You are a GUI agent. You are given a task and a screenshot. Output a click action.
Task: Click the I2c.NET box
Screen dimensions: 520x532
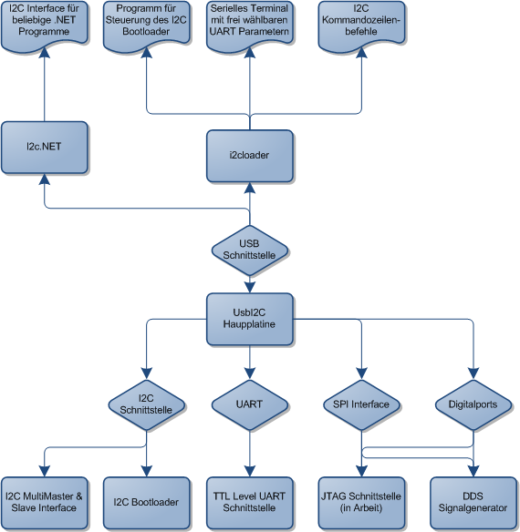point(45,148)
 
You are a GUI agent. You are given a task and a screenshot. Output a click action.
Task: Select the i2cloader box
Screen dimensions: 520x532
point(250,156)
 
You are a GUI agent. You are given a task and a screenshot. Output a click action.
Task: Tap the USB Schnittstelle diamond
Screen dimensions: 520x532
point(250,251)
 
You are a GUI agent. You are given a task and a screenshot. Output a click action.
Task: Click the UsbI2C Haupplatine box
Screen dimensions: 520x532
point(250,319)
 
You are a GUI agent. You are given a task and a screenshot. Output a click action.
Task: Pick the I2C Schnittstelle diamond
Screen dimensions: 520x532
point(147,404)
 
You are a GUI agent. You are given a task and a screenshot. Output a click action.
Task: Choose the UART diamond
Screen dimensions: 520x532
point(250,404)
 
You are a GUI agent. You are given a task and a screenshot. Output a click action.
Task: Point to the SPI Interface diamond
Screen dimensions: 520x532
point(361,404)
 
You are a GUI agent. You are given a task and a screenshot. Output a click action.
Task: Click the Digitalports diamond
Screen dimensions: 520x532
point(473,404)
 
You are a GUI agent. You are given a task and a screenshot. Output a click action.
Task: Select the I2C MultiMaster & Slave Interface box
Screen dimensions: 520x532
point(45,503)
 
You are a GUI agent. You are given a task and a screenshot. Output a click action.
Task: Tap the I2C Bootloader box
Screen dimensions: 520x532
point(147,503)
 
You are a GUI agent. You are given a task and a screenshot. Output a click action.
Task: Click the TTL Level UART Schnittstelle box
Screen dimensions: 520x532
point(250,503)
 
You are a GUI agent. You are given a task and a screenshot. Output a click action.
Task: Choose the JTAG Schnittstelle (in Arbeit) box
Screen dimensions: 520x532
point(361,503)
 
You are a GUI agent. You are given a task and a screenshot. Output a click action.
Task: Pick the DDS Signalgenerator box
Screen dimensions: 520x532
point(473,503)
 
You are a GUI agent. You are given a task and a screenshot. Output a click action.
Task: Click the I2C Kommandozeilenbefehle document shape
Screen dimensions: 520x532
point(361,26)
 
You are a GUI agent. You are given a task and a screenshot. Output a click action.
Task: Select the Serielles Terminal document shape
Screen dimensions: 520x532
point(250,26)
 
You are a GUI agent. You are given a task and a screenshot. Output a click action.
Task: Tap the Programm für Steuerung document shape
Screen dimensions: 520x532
point(147,26)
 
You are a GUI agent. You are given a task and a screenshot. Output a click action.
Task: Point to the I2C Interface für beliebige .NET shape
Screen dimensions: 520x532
point(45,26)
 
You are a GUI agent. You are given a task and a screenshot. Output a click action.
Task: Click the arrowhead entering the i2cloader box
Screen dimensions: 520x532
point(250,188)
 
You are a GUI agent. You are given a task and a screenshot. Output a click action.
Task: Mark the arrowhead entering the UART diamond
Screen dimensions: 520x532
point(250,373)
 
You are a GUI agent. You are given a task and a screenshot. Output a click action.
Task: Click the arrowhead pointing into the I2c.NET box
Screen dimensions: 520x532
point(45,179)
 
